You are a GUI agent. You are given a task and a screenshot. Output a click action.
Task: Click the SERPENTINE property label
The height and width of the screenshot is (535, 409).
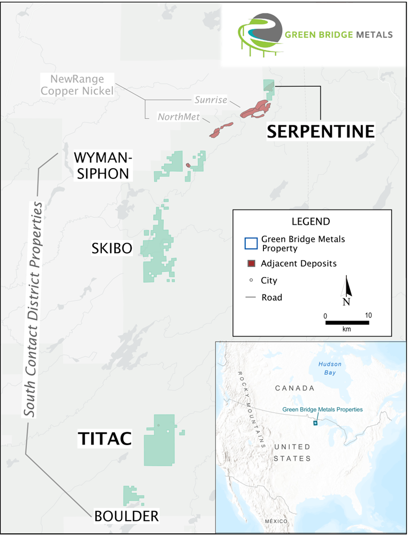coord(321,131)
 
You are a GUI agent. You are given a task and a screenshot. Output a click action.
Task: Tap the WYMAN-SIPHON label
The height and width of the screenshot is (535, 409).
coord(102,165)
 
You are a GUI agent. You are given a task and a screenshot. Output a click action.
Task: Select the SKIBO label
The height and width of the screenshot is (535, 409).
coord(112,248)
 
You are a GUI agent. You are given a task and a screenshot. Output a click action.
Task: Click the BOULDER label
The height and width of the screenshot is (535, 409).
coord(126,516)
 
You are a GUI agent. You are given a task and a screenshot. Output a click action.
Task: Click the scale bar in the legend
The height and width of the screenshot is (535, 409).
coord(346,322)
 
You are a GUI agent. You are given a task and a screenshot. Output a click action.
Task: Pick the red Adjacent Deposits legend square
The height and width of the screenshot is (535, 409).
coord(251,263)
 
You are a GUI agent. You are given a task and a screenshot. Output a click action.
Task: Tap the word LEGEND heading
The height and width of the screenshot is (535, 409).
coord(310,221)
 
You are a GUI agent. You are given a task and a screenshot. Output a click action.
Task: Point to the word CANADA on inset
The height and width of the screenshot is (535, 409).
coord(294,387)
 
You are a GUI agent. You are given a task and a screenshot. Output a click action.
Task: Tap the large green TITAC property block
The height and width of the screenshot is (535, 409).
coord(159,439)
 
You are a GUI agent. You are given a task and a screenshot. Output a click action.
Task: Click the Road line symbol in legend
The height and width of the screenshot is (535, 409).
coord(251,297)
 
